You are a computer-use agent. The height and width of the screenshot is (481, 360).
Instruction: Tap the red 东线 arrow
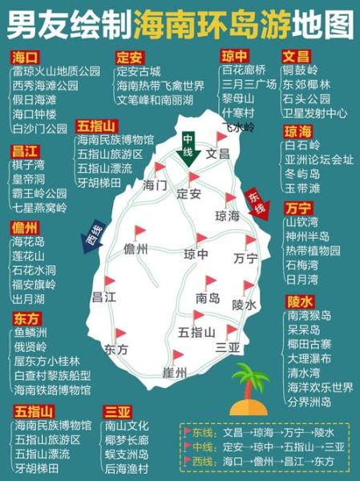point(255,202)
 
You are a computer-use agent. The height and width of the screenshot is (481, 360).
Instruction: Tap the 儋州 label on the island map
point(136,249)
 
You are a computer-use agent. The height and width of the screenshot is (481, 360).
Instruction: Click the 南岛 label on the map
point(208,298)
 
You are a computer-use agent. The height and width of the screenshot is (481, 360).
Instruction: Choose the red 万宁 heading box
point(299,208)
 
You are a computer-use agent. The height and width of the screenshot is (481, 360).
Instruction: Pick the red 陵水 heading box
point(299,301)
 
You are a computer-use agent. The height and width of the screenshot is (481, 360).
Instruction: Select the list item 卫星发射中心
point(314,113)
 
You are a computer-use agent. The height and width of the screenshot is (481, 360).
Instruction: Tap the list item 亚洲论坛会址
point(318,160)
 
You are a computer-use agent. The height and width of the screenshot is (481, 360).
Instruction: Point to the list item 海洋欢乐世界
point(319,387)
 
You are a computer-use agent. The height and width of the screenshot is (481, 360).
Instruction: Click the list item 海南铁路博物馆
point(52,390)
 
